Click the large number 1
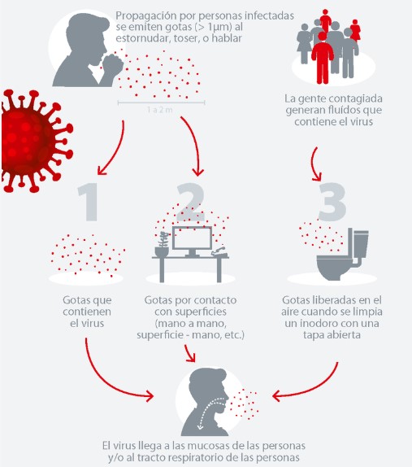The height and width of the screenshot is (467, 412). [x=89, y=202]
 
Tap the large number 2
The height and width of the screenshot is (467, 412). [x=191, y=202]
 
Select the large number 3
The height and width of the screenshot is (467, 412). [x=332, y=202]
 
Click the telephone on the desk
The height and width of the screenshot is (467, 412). [x=219, y=252]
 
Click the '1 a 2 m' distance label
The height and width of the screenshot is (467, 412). [x=160, y=110]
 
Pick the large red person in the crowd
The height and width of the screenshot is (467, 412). [x=323, y=58]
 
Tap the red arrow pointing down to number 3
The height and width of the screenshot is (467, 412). [x=315, y=164]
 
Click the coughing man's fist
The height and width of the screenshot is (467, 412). [x=112, y=64]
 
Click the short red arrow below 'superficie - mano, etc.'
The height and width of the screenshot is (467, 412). [x=190, y=354]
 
